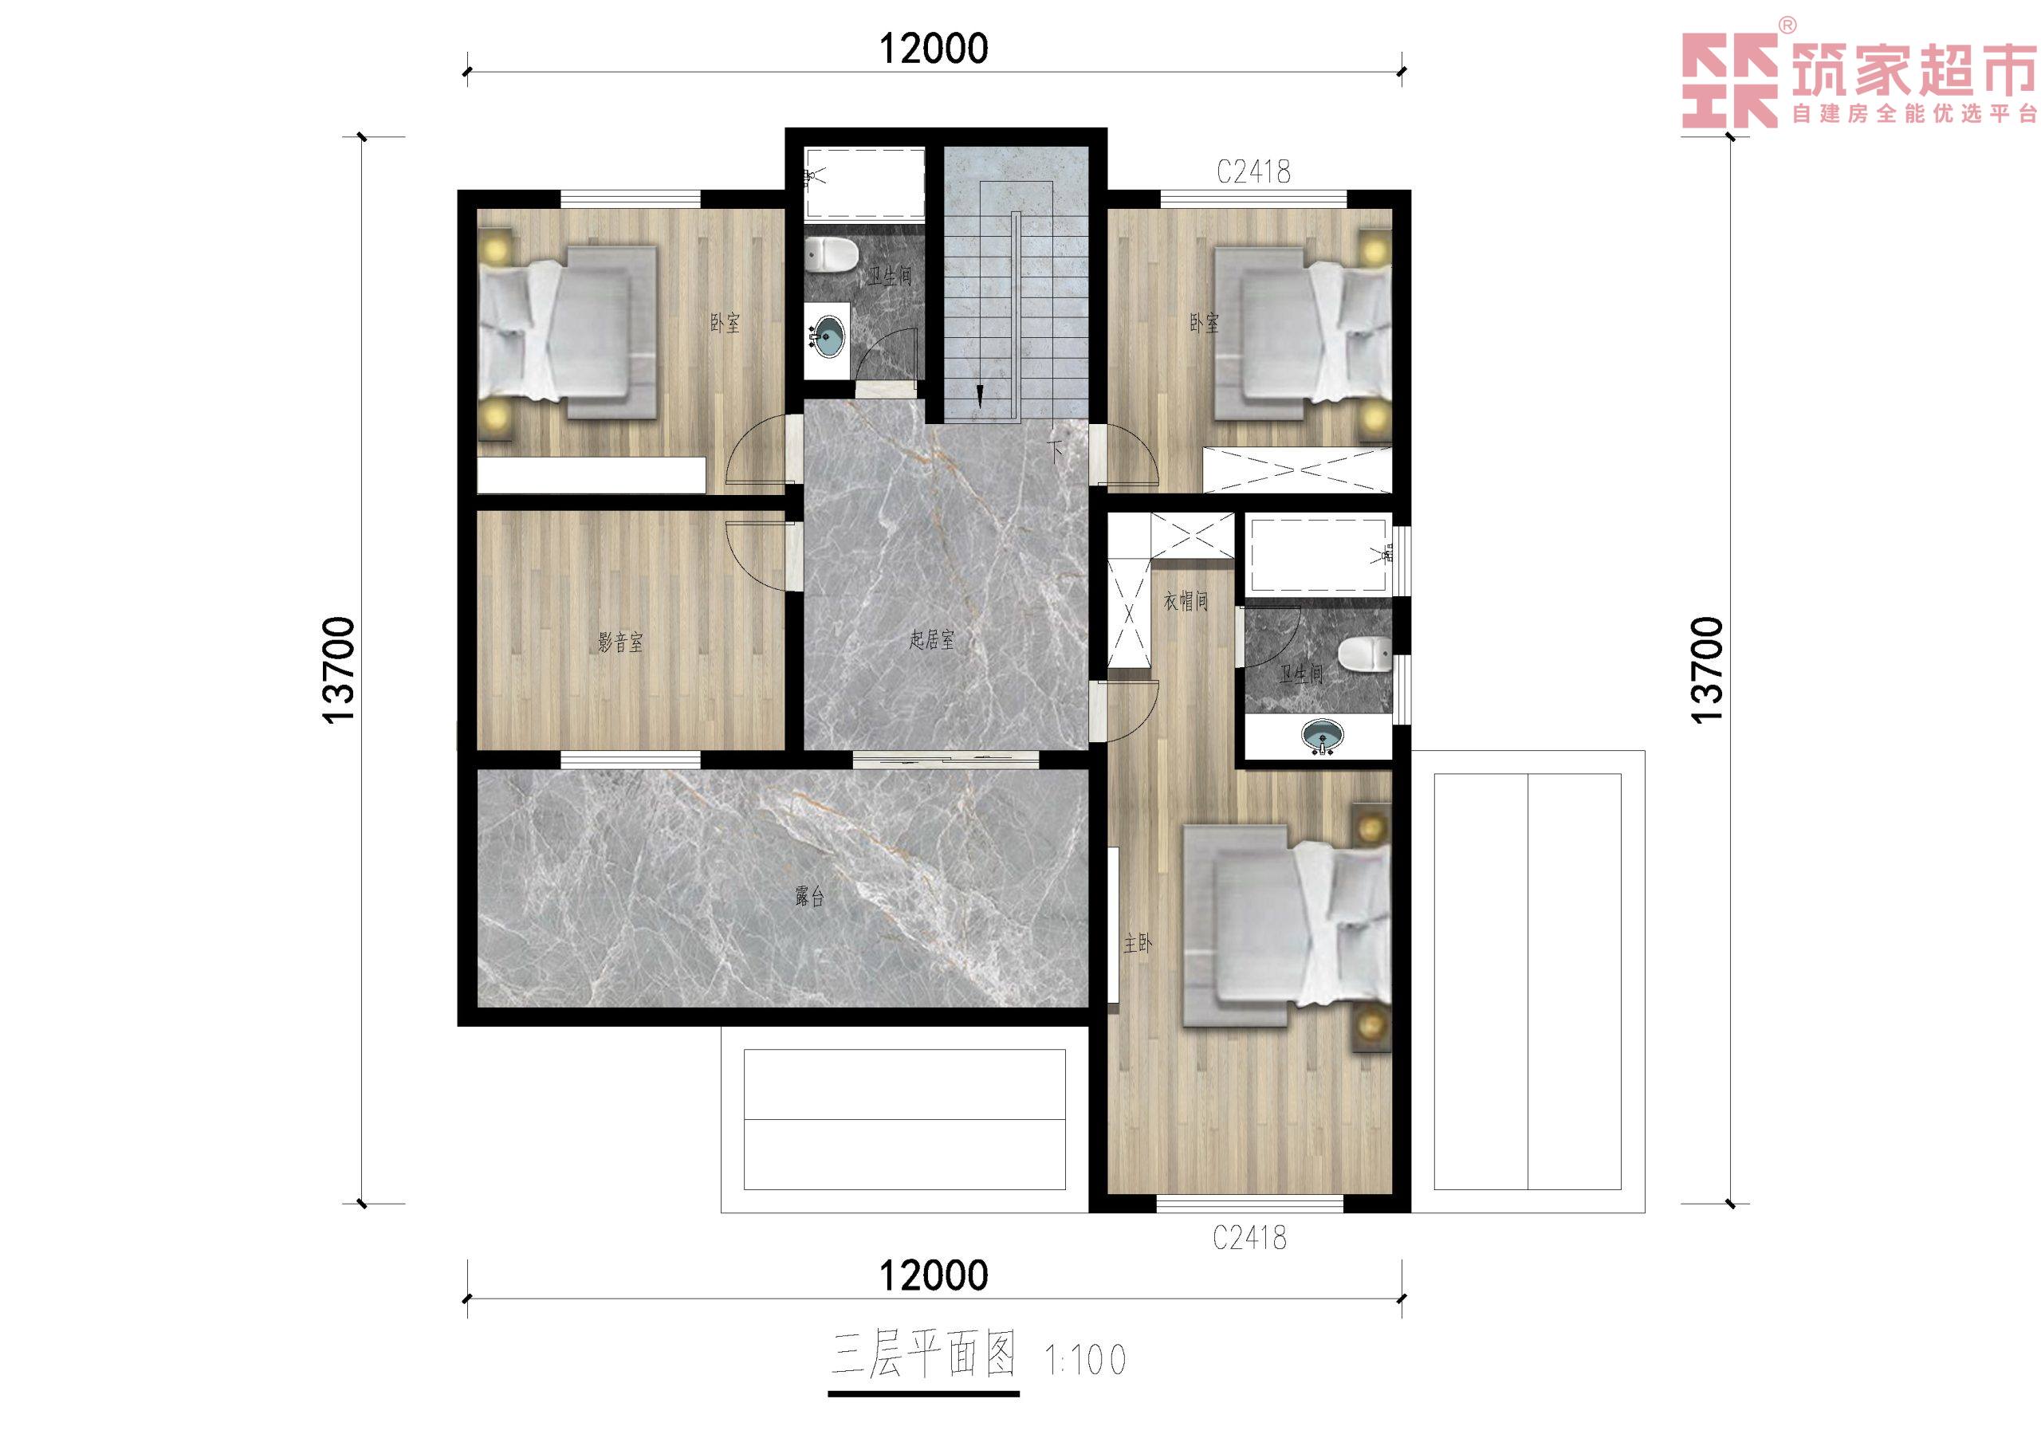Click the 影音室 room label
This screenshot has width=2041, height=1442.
tap(619, 641)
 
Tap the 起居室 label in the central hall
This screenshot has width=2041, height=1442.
tap(932, 639)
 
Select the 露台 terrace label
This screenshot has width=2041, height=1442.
tap(809, 896)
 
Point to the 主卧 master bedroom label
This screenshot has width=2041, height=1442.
tap(1138, 943)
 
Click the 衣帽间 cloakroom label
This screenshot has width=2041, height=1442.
tap(1186, 601)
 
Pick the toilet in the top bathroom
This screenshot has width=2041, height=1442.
tap(830, 255)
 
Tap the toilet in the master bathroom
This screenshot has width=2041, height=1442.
tap(1364, 654)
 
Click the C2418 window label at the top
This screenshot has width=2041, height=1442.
tap(1253, 171)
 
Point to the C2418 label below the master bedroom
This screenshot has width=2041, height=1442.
tap(1250, 1237)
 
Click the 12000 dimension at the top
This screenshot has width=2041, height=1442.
tap(934, 49)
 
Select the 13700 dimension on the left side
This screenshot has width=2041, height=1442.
tap(340, 670)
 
